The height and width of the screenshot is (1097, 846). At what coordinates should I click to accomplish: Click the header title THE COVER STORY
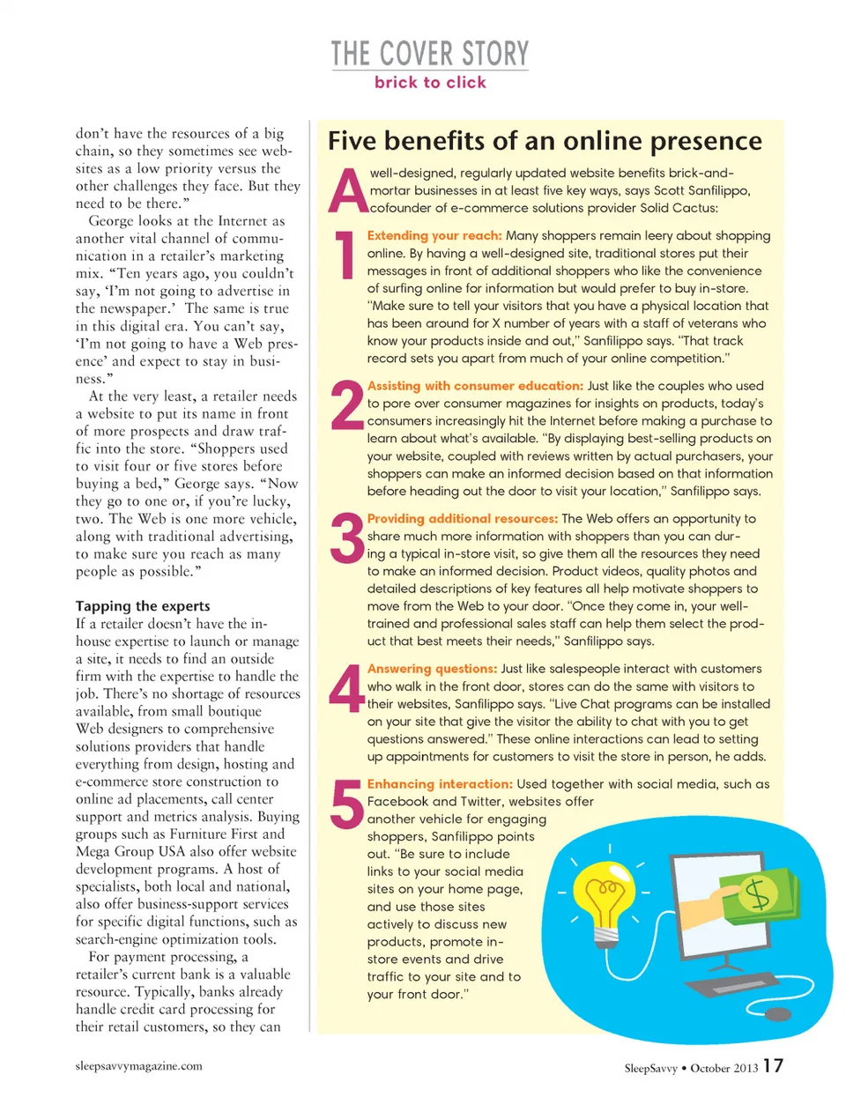(430, 54)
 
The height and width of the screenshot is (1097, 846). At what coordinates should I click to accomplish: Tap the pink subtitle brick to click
(430, 83)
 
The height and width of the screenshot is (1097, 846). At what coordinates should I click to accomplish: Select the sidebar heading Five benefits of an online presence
(545, 141)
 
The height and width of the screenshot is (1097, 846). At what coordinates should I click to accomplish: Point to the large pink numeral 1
(345, 256)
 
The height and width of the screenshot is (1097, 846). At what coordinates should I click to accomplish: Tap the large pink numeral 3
(346, 538)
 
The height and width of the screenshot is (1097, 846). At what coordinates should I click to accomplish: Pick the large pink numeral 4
(346, 688)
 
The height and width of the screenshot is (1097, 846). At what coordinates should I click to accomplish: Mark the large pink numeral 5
(346, 804)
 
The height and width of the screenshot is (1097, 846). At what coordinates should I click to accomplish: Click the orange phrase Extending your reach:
(434, 236)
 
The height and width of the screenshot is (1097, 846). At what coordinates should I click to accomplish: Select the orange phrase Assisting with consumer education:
(475, 386)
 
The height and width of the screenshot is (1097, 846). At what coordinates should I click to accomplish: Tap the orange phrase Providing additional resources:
(463, 519)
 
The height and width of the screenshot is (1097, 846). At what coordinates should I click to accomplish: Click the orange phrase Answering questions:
(432, 669)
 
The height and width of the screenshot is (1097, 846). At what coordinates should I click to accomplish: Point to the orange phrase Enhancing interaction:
(440, 784)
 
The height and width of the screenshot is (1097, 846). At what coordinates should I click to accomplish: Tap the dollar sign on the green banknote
(756, 896)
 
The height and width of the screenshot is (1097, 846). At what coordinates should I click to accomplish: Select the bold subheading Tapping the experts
(143, 606)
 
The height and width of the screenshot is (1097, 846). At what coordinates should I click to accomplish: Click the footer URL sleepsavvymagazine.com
(139, 1066)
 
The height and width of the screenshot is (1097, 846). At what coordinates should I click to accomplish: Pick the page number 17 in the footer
(773, 1066)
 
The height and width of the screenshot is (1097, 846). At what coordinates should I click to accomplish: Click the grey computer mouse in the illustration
(776, 1014)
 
